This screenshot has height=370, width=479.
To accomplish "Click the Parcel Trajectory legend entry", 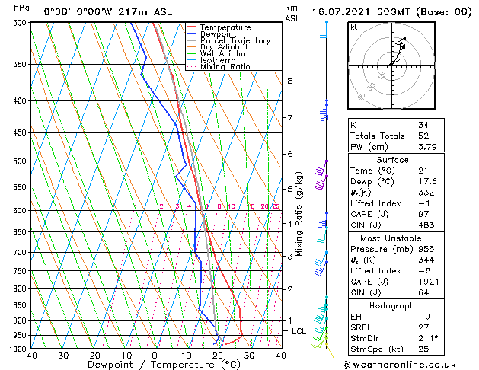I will click(235, 40).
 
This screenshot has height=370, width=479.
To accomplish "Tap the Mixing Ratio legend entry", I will click(225, 66).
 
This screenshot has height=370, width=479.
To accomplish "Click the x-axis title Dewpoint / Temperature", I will click(155, 365).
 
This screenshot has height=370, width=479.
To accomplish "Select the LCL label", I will click(299, 331).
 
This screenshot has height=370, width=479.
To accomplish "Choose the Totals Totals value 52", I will click(423, 136).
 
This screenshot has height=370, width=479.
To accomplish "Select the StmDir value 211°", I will click(427, 337).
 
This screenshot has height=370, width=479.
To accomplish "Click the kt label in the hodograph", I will click(354, 27).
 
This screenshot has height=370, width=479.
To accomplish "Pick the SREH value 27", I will click(423, 327).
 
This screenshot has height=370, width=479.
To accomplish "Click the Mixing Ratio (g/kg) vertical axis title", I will click(299, 214).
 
